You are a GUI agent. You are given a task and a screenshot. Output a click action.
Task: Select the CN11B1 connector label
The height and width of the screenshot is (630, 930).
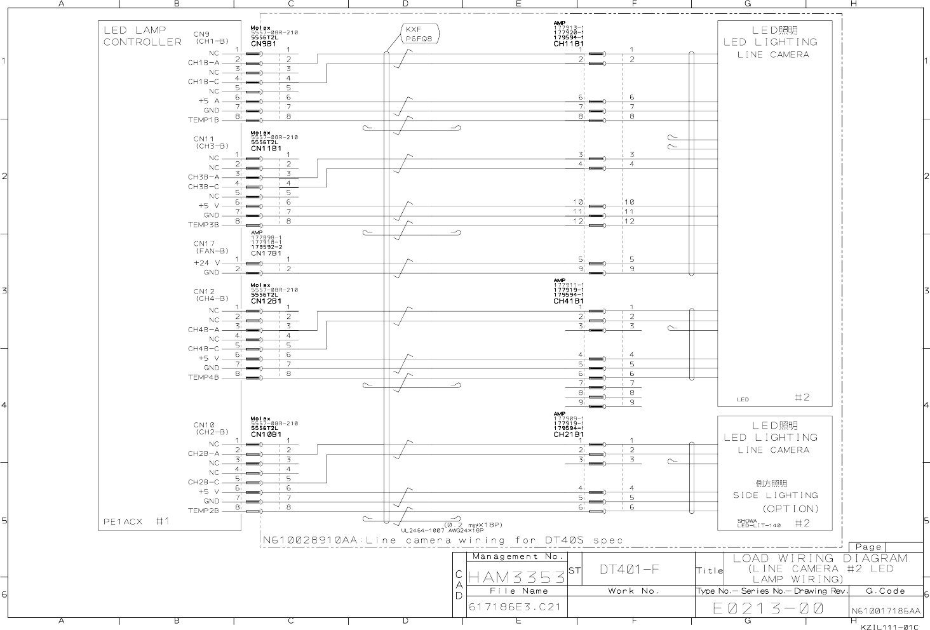(266, 149)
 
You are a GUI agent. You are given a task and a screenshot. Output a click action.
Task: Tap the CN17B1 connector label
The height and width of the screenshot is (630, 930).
(266, 253)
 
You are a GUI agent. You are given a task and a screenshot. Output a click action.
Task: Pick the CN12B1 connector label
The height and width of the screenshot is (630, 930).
(266, 301)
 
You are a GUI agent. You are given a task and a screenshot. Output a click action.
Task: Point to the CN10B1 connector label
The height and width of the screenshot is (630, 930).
(266, 434)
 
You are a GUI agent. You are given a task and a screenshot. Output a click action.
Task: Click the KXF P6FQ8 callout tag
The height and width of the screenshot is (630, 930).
(419, 34)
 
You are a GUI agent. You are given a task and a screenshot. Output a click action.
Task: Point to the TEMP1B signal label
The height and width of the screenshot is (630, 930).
(203, 120)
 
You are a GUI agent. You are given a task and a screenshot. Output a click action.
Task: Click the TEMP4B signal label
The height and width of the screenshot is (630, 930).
(203, 377)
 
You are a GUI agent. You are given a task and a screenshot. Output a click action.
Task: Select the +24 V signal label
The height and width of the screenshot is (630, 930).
(207, 263)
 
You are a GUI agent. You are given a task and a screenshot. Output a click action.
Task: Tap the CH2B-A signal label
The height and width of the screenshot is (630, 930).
(203, 453)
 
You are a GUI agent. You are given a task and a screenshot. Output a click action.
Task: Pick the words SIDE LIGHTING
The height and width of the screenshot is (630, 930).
(776, 495)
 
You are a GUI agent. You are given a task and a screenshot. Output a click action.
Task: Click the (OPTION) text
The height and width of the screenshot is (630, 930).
(790, 509)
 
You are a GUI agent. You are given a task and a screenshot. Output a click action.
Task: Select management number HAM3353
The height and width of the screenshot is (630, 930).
(516, 577)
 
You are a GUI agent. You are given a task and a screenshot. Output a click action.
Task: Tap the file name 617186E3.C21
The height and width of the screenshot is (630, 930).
(515, 607)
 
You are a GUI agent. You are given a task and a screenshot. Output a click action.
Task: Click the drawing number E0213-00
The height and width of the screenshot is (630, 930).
(768, 608)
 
